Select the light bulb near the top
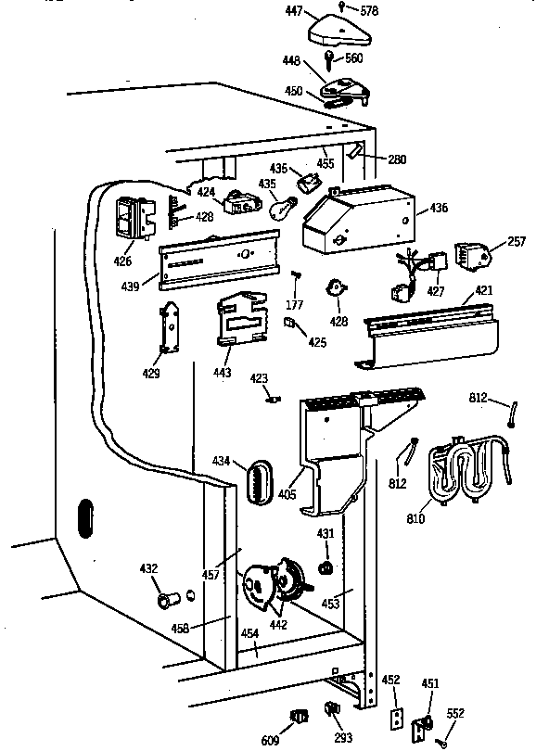[x=281, y=209]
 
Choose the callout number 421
[x=483, y=290]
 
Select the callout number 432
[x=148, y=568]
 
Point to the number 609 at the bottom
[x=270, y=741]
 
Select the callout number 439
[x=131, y=286]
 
